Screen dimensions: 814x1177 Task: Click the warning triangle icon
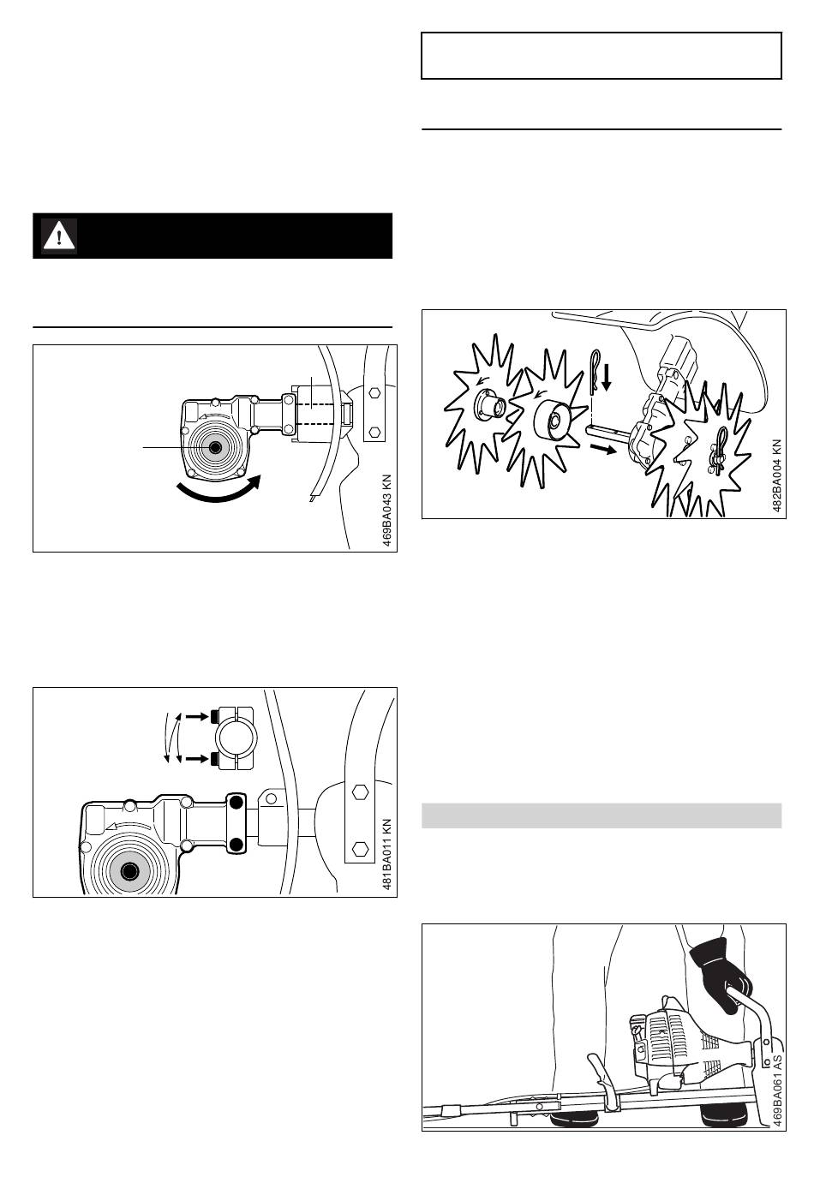coord(59,236)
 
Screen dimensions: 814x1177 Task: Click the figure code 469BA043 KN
coord(386,511)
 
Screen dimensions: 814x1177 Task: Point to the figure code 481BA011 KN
coord(386,854)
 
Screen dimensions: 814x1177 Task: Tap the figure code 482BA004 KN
coord(776,475)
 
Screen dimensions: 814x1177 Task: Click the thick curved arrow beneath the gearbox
coord(218,488)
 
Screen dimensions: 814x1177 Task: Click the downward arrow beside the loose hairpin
coord(607,378)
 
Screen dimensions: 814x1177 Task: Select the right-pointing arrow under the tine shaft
coord(602,449)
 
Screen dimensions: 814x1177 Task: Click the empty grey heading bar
coord(602,815)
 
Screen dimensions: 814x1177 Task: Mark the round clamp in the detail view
coord(234,738)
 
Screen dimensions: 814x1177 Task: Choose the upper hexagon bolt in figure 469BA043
coord(374,392)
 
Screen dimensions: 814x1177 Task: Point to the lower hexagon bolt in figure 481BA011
coord(358,849)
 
